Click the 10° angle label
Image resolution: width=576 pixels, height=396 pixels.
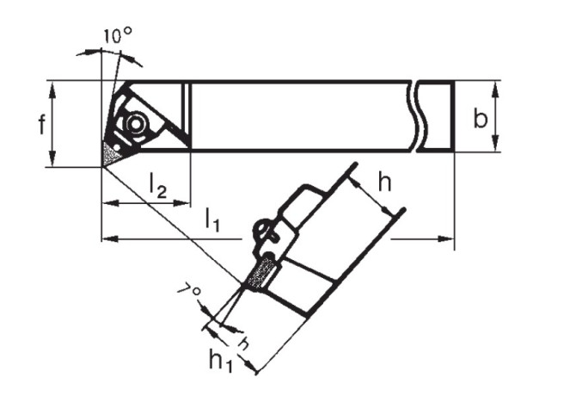click(117, 36)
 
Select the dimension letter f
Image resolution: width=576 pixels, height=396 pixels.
click(42, 124)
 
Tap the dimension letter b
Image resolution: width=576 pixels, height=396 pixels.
click(480, 118)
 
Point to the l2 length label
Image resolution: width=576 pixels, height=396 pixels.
click(157, 185)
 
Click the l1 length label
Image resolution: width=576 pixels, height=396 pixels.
click(212, 220)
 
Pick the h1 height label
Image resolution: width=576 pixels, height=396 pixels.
click(221, 361)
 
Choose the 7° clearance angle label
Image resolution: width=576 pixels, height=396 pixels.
click(189, 289)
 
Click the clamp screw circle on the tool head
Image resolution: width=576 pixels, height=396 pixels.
click(136, 124)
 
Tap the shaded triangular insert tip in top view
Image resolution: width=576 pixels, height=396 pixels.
click(110, 154)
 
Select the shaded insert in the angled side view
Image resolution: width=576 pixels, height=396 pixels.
click(261, 273)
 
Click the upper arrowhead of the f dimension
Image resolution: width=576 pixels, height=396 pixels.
click(52, 90)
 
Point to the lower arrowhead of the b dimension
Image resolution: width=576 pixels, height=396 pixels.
click(495, 143)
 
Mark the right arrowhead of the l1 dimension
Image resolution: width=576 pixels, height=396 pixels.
click(446, 239)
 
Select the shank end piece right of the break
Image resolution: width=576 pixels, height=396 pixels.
click(437, 116)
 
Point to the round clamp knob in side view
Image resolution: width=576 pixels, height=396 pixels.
click(261, 231)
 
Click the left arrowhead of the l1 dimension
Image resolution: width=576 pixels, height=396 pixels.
click(110, 239)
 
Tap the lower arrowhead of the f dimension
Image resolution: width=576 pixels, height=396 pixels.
click(52, 158)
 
